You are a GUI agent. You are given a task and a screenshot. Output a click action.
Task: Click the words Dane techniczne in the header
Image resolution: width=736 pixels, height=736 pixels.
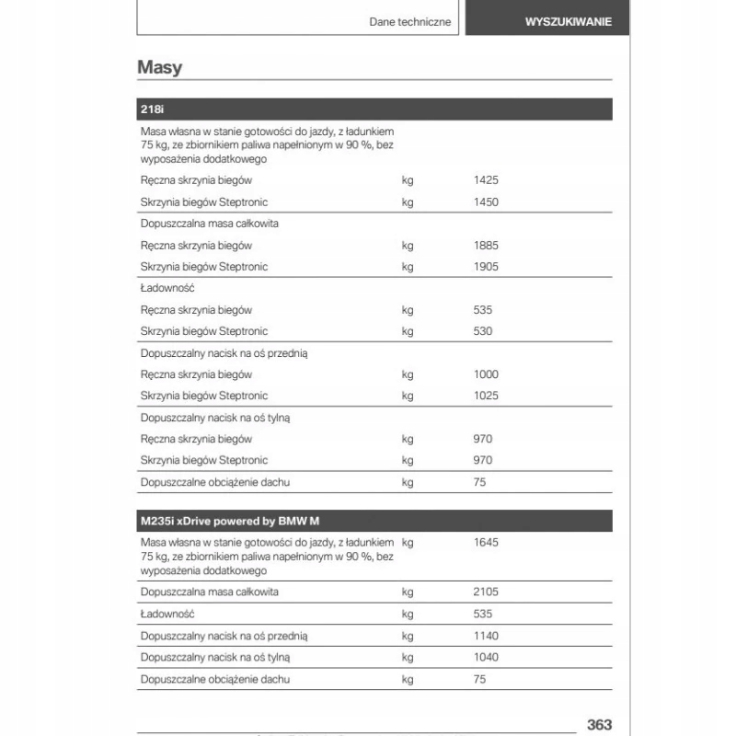click(x=410, y=22)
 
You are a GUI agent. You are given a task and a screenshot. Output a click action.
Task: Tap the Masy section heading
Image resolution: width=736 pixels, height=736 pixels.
click(x=159, y=67)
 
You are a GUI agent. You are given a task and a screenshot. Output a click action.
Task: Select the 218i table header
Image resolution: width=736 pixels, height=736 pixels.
click(x=152, y=109)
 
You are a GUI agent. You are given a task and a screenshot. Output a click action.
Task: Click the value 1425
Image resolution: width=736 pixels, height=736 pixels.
click(x=486, y=180)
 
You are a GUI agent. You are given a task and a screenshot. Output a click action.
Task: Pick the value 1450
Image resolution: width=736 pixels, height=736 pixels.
click(x=486, y=201)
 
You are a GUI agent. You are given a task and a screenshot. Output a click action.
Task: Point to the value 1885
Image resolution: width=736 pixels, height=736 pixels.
click(x=486, y=246)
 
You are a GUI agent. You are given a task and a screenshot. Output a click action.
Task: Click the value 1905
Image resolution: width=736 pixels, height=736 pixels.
click(x=486, y=267)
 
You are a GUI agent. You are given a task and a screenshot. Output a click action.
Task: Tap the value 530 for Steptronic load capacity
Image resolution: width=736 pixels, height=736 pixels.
click(x=482, y=331)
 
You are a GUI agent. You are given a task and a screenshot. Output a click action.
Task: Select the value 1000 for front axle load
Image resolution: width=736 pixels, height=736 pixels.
click(x=486, y=374)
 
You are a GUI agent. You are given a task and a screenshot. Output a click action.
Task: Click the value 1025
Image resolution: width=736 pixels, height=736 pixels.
click(x=486, y=396)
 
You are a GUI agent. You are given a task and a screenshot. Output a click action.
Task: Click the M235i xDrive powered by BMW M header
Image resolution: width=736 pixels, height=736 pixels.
click(x=225, y=521)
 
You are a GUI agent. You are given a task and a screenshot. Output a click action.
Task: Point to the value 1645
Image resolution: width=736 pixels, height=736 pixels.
click(x=486, y=543)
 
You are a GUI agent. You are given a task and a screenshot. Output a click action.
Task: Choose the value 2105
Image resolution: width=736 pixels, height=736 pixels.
click(x=486, y=592)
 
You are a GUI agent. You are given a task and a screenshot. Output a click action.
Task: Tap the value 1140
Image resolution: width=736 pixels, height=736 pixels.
click(x=486, y=636)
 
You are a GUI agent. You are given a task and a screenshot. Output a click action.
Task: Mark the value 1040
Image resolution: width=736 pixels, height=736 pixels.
click(x=486, y=657)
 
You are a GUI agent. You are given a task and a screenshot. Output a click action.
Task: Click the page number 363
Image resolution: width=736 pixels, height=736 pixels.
click(x=598, y=725)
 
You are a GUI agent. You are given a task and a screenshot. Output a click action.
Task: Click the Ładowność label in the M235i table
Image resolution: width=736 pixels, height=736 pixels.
click(x=167, y=614)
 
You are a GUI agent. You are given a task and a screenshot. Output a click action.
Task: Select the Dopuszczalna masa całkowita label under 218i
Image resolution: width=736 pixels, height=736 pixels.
click(x=210, y=224)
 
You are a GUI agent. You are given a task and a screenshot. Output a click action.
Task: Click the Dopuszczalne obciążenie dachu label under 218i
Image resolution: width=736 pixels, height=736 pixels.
click(x=214, y=482)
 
